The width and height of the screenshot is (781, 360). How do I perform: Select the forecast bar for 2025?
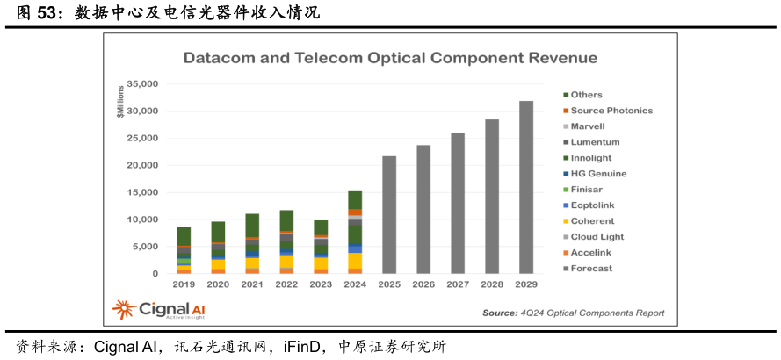pos(389,215)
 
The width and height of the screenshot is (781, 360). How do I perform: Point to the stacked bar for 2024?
pos(355,232)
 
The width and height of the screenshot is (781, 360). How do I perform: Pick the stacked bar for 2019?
pos(184,250)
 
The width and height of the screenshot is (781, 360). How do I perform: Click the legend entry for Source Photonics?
pos(611,111)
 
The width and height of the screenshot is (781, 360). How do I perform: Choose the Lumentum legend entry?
pos(594,142)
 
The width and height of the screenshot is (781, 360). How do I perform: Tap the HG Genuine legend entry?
pos(597,174)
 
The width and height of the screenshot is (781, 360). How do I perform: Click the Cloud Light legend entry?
pos(597,237)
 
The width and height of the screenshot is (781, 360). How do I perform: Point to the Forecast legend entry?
pos(591,269)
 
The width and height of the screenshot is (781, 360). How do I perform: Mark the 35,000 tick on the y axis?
pos(142,84)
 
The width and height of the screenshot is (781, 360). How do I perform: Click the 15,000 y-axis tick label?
pos(142,192)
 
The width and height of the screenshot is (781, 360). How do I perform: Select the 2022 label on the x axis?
pos(286,285)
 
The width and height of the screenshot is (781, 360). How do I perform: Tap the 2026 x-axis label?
pos(423,285)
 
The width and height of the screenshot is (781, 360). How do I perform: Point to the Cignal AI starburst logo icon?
pos(123,310)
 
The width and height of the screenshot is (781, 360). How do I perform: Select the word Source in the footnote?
pos(500,313)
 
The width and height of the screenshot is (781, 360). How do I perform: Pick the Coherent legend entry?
pos(592,221)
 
